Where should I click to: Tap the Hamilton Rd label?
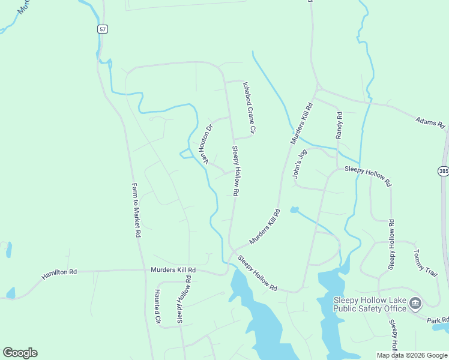pos(59,274)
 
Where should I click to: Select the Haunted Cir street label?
pos(158,307)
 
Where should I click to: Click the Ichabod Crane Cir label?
pos(249,108)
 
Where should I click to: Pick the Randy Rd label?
pos(339,124)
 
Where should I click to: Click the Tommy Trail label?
pos(424,264)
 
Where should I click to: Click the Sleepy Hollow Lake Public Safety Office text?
pos(370,304)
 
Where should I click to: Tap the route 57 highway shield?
pos(103,29)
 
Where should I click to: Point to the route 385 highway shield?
pos(443,171)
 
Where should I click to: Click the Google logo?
pos(20,353)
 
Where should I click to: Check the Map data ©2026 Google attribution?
pos(412,355)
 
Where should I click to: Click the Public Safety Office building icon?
pos(415,304)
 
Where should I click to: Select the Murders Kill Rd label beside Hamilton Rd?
pos(173,271)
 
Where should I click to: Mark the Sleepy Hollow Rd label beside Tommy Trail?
pos(392,244)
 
